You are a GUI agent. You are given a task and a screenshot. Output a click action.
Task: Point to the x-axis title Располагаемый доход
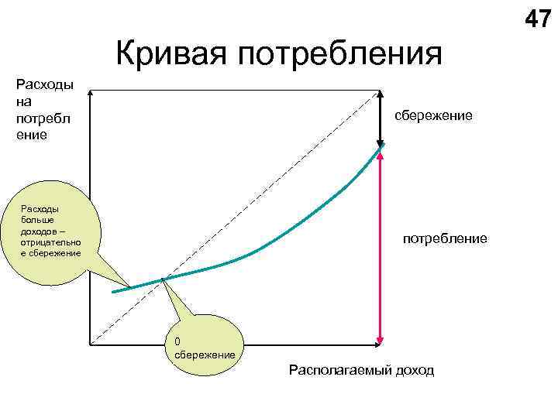[x=361, y=370]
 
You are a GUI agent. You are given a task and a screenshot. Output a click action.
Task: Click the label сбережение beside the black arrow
[x=433, y=115]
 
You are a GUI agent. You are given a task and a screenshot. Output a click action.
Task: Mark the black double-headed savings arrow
[x=381, y=118]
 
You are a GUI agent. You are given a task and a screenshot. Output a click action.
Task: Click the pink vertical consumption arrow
[x=381, y=248]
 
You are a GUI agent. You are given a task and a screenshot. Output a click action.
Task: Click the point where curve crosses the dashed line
[x=164, y=279]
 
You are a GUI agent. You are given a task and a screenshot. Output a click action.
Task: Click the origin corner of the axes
[x=91, y=344]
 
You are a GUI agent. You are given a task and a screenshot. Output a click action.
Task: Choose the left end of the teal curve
[x=114, y=292]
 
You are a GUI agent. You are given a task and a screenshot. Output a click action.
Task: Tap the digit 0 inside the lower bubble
[x=177, y=341]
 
